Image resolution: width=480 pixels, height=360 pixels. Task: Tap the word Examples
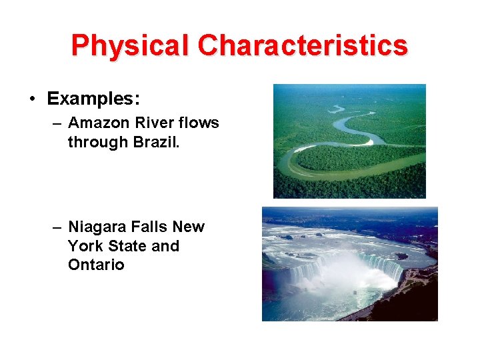click(93, 99)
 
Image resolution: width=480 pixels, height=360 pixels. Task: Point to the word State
click(127, 246)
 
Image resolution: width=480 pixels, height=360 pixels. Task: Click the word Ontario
click(96, 265)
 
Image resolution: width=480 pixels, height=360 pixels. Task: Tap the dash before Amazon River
click(57, 123)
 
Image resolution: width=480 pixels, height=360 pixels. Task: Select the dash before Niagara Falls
click(57, 227)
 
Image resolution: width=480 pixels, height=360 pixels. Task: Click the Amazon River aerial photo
click(349, 141)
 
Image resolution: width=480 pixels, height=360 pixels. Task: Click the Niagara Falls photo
click(349, 263)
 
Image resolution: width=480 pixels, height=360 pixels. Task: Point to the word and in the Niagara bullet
click(166, 246)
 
